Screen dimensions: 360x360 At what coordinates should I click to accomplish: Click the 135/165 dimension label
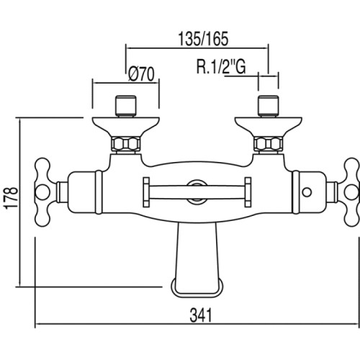point(203,39)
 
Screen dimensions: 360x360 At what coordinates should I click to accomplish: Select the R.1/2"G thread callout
point(221,66)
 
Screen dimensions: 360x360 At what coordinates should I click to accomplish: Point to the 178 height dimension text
point(12,198)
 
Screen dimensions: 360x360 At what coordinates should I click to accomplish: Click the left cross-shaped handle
point(43,192)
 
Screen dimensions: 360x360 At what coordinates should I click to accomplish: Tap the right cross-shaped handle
point(352,192)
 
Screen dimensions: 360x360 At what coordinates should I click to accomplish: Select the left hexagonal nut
point(126,144)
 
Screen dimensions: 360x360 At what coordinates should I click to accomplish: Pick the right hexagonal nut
point(269,144)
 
